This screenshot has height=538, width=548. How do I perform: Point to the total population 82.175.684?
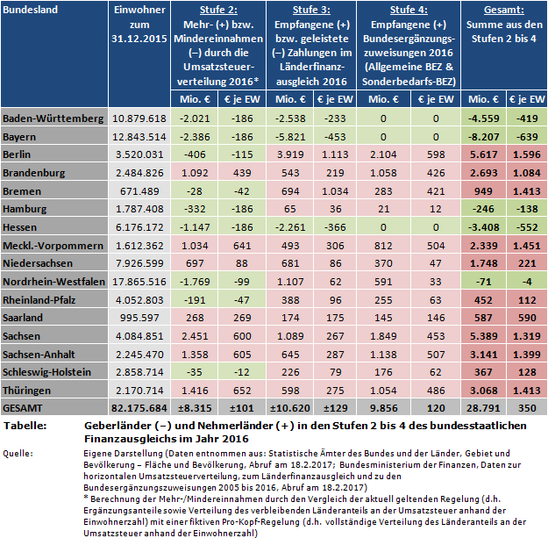pos(136,407)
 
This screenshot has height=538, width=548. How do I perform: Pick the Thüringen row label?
pos(30,390)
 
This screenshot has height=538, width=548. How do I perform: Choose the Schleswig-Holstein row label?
pos(47,373)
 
